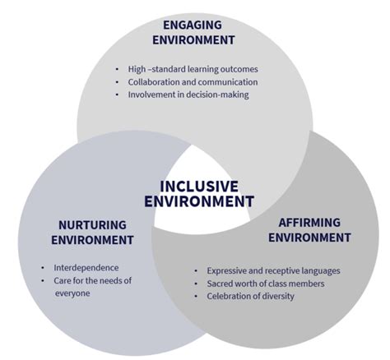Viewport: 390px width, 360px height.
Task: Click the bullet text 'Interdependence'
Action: tap(86, 268)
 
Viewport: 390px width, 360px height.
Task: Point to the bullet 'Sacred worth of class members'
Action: tap(261, 284)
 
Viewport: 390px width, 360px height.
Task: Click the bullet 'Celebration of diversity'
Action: tap(249, 296)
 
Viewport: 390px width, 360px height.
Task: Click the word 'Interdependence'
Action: tap(86, 268)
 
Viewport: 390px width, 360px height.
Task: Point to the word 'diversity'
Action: tap(275, 296)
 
